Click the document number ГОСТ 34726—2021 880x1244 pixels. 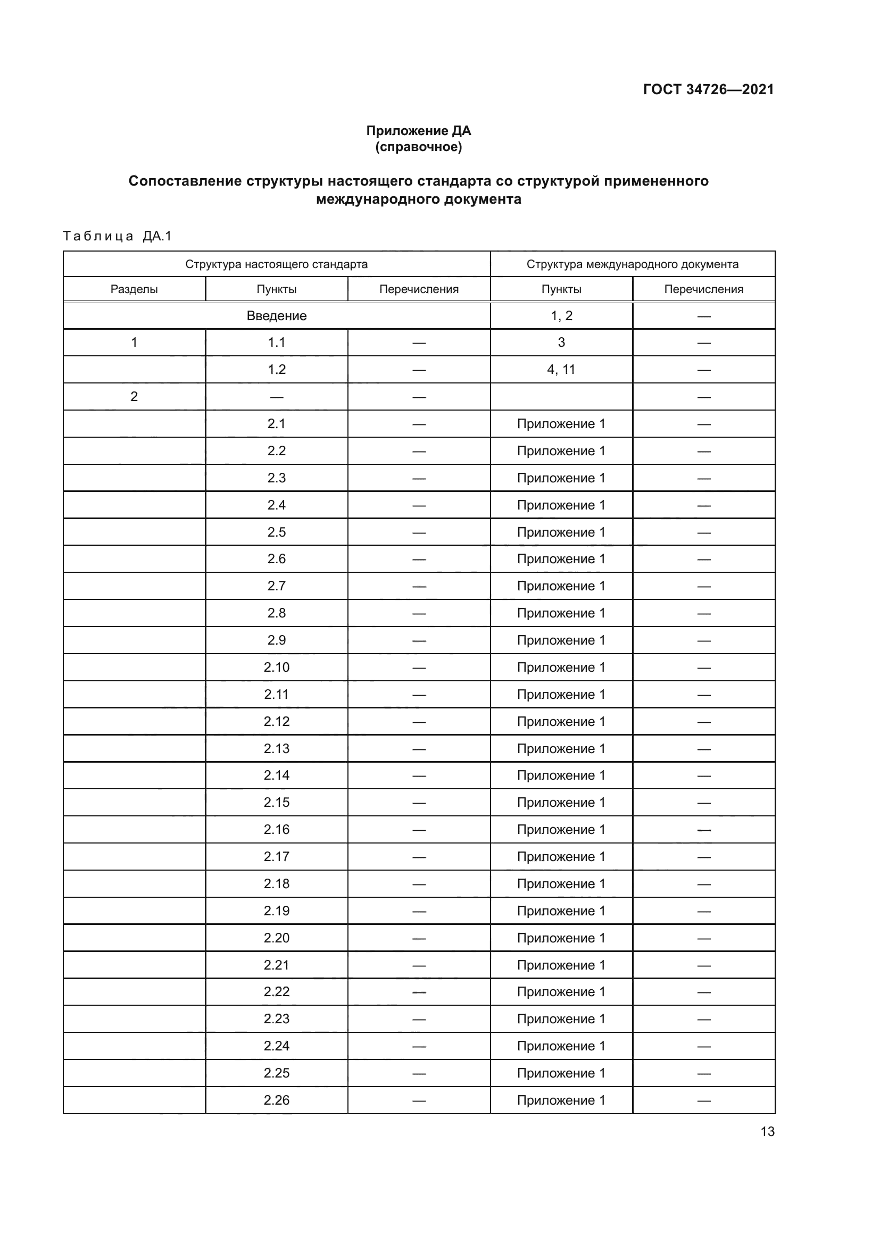pos(708,89)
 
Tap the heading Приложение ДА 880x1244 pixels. pos(418,131)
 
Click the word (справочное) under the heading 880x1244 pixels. pos(418,147)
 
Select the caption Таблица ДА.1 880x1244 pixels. pos(117,236)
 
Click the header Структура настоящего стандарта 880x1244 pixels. pos(276,264)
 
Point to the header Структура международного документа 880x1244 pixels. pos(633,264)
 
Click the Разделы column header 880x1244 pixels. pos(134,289)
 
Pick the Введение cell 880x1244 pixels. pos(276,316)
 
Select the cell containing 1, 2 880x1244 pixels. pos(561,316)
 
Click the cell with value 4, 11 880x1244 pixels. pos(561,370)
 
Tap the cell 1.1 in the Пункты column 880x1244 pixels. pos(276,343)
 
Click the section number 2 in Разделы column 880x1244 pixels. pos(134,397)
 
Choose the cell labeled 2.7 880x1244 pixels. pos(276,586)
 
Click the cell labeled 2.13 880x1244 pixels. pos(276,748)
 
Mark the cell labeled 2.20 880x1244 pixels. pos(276,938)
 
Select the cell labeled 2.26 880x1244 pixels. pos(276,1100)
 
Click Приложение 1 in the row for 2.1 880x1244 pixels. pos(561,424)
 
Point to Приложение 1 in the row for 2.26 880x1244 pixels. pos(561,1100)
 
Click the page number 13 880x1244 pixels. pos(767,1131)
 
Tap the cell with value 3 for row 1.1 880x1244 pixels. pos(561,343)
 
